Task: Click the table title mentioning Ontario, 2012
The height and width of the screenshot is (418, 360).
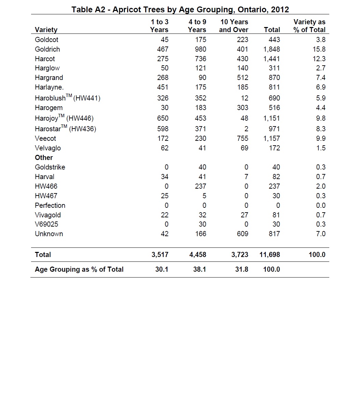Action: coord(180,9)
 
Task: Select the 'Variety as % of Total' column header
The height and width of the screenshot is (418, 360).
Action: coord(309,26)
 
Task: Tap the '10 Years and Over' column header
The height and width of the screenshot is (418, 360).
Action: coord(234,26)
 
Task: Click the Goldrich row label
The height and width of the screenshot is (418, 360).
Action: coord(47,49)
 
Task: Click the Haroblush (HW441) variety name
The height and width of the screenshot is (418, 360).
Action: coord(67,98)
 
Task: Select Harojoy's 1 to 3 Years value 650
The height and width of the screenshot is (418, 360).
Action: coord(163,118)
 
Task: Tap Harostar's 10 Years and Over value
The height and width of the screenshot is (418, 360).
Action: coord(246,129)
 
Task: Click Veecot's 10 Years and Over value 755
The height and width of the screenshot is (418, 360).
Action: coord(243,138)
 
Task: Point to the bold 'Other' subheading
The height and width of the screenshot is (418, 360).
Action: coord(44,158)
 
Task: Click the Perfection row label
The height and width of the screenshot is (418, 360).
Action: coord(50,205)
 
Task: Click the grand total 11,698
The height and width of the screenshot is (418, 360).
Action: coord(269,255)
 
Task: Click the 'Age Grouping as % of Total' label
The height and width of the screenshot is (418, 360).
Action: coord(79,269)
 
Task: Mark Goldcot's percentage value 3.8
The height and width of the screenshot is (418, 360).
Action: coord(321,40)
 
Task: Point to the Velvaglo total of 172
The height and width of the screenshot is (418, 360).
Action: coord(274,148)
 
